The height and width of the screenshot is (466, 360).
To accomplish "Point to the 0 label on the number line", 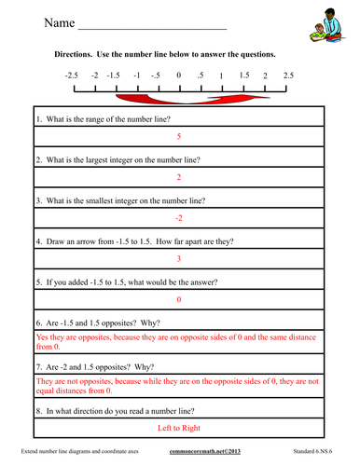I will (178, 75).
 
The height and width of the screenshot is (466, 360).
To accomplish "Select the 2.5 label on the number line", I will (288, 75).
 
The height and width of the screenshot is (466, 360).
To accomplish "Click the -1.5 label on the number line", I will (113, 75).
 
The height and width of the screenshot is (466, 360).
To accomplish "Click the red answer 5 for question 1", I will (178, 137).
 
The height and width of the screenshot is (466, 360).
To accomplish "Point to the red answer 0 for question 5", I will (178, 299).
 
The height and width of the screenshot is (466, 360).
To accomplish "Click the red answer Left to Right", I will (178, 428).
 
